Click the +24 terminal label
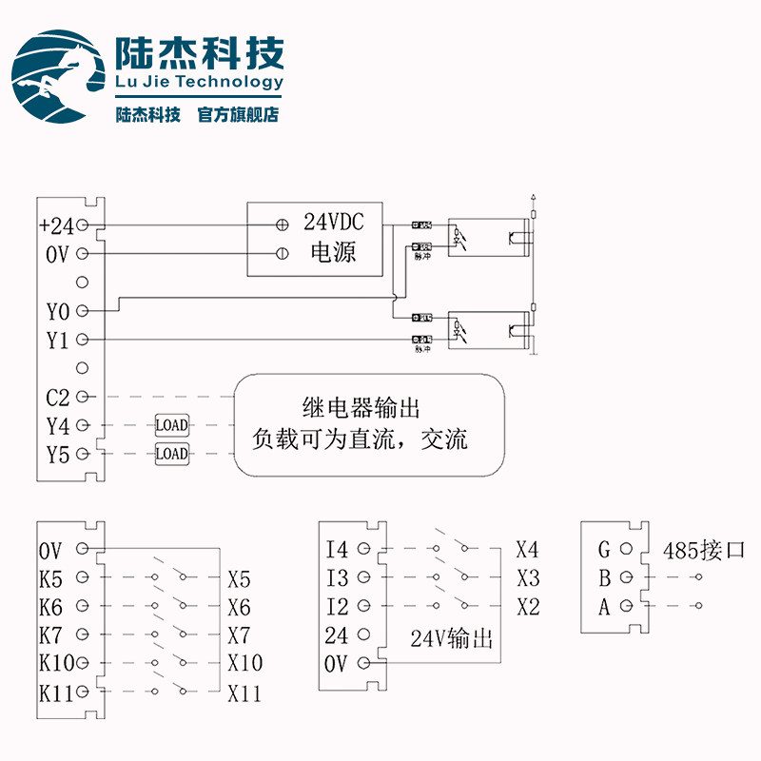pos(56,225)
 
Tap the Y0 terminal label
pos(57,311)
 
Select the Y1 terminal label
pos(57,340)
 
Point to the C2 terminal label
pos(57,396)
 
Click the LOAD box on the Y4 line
pos(171,424)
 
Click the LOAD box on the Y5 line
pos(171,454)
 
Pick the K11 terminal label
pos(56,692)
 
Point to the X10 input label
pos(244,663)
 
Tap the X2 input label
pos(528,606)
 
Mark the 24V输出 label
pos(452,638)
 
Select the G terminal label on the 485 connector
pos(604,549)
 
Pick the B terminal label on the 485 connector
pos(604,577)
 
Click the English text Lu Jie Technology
pos(199,82)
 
